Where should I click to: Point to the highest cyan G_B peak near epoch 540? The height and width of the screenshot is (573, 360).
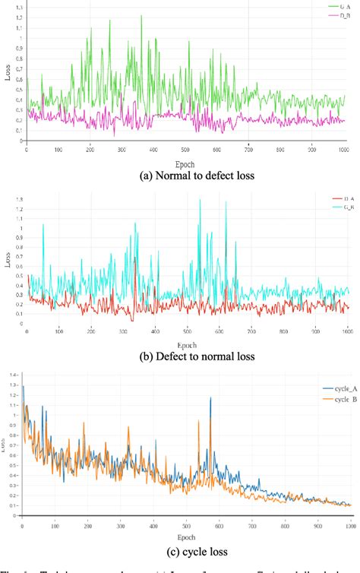tap(200, 200)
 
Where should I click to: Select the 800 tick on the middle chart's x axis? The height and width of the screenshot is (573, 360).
tap(284, 331)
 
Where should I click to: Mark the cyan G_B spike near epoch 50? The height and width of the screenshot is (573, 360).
tap(43, 224)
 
